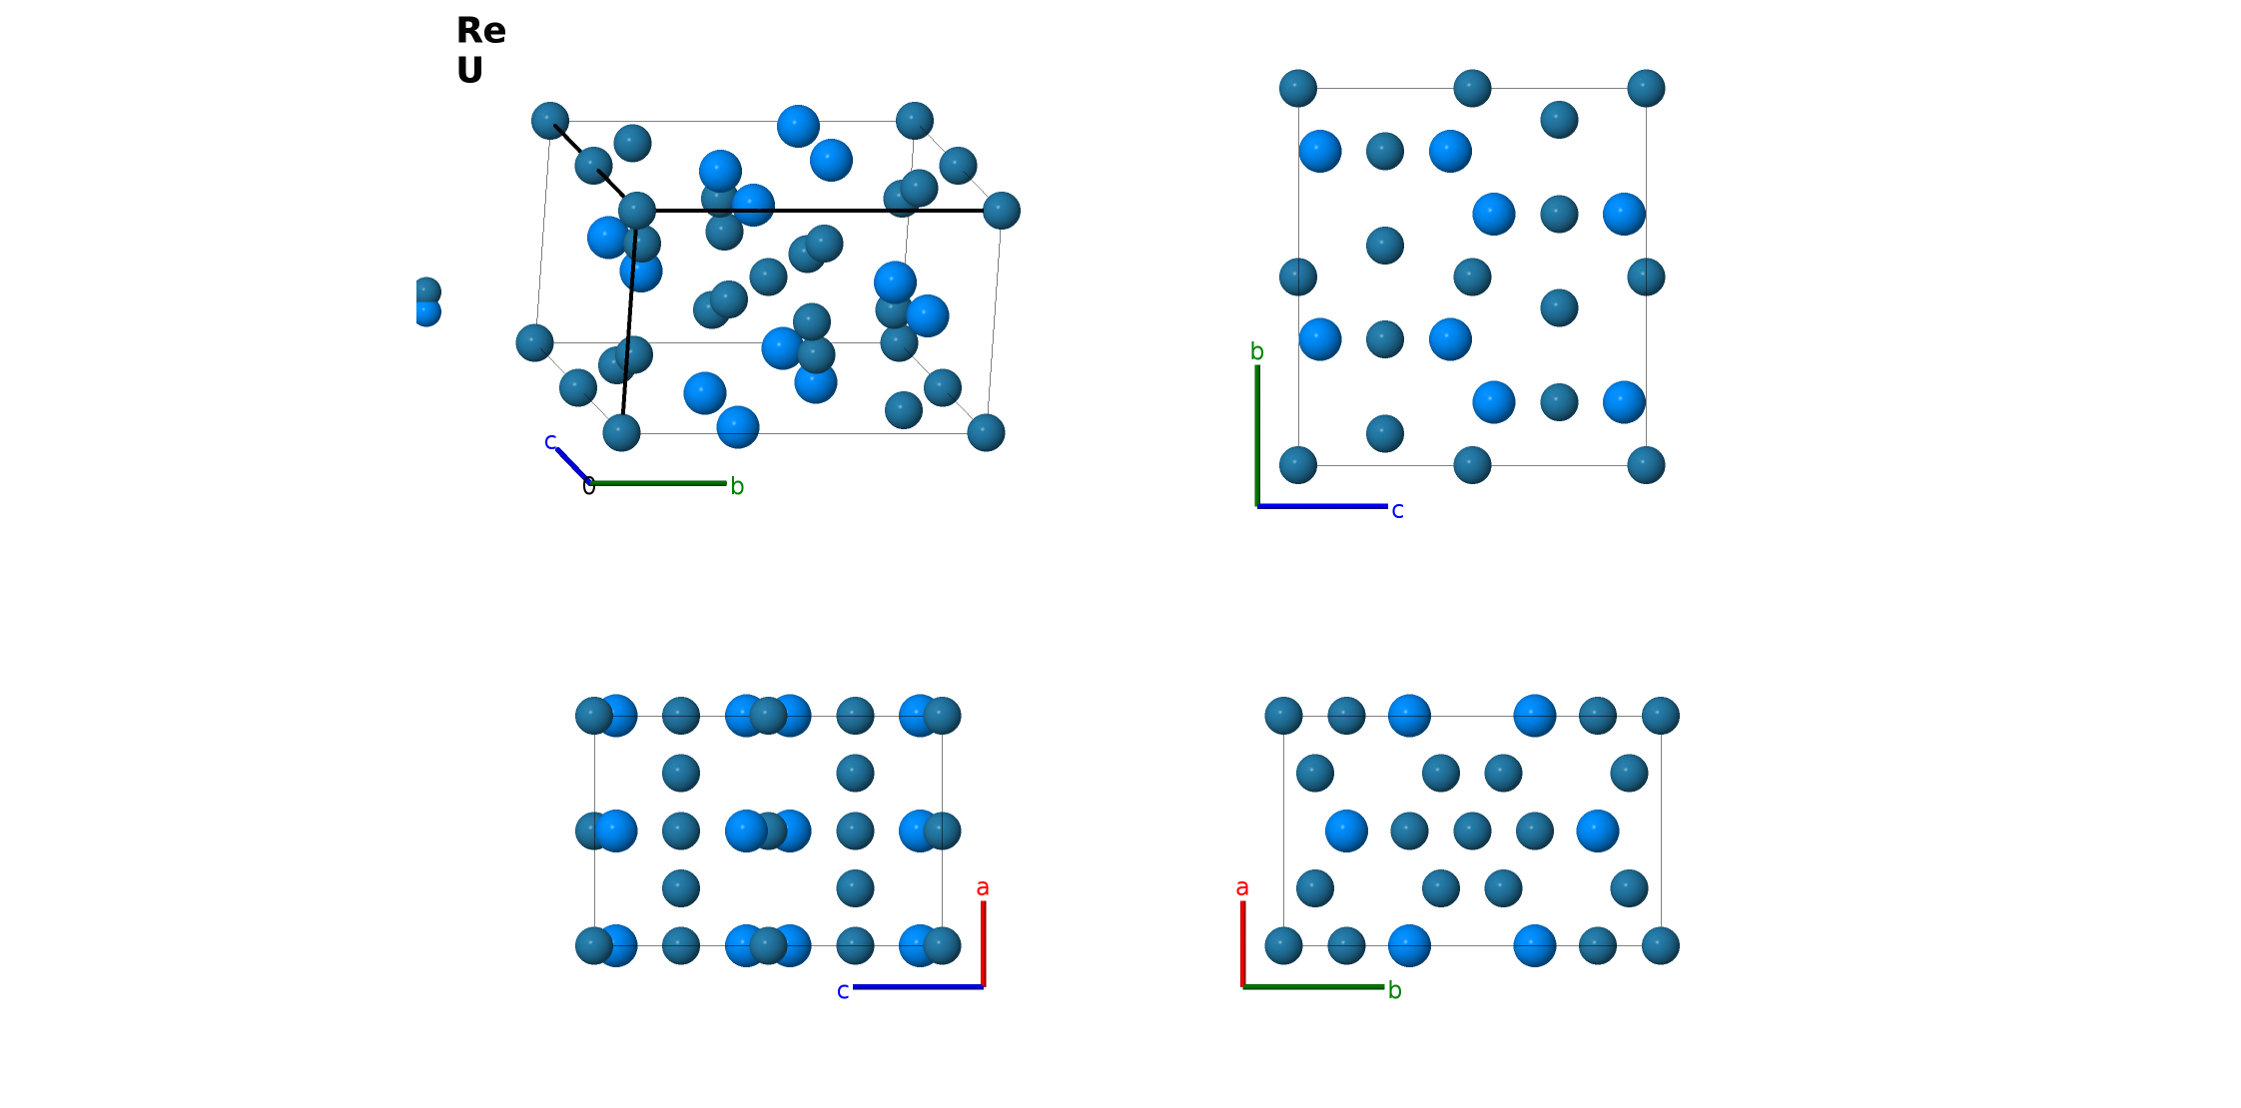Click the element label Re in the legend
click(x=481, y=31)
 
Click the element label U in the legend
click(x=469, y=71)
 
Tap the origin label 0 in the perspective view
click(x=589, y=487)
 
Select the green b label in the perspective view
click(x=737, y=486)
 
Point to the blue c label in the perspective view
click(x=550, y=441)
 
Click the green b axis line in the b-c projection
click(x=1257, y=436)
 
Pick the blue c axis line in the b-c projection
click(x=1322, y=506)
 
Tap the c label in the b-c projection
click(x=1397, y=511)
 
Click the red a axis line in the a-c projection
click(x=983, y=944)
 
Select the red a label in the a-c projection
click(x=983, y=887)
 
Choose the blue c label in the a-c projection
click(x=843, y=991)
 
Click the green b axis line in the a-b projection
click(x=1313, y=987)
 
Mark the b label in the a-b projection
click(x=1395, y=990)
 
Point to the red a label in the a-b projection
click(x=1242, y=887)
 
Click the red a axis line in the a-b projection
click(x=1242, y=944)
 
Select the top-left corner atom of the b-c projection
click(x=1298, y=88)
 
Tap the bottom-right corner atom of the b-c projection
click(x=1646, y=465)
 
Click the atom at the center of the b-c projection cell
click(x=1472, y=277)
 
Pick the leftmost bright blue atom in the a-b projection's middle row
click(x=1346, y=831)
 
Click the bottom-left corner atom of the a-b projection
click(x=1283, y=945)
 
